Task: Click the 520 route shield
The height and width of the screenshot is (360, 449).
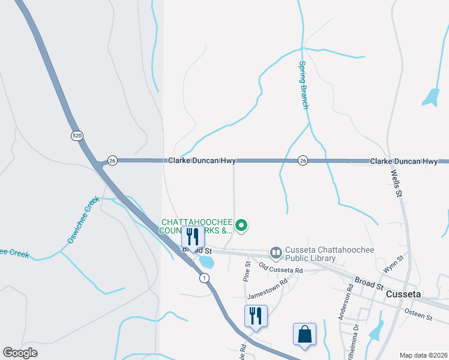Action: tap(76, 136)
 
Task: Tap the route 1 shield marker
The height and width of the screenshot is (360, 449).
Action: tap(205, 278)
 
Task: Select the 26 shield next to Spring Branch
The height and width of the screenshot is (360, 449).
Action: tap(303, 161)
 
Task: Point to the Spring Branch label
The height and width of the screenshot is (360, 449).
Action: tap(304, 85)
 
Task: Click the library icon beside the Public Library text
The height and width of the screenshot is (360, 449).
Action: tap(276, 253)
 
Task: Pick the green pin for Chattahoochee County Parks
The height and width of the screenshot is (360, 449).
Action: tap(241, 226)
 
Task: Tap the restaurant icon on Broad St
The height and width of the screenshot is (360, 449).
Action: tap(192, 236)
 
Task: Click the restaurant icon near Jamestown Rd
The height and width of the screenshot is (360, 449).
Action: tap(256, 316)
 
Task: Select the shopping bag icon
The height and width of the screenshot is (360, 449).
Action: tap(304, 334)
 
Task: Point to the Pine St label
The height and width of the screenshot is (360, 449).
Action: tap(247, 271)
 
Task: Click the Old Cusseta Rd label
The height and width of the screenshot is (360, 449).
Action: tap(280, 267)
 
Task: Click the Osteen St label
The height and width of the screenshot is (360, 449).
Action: tap(418, 315)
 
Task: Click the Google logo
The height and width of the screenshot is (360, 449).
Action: tap(20, 353)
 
